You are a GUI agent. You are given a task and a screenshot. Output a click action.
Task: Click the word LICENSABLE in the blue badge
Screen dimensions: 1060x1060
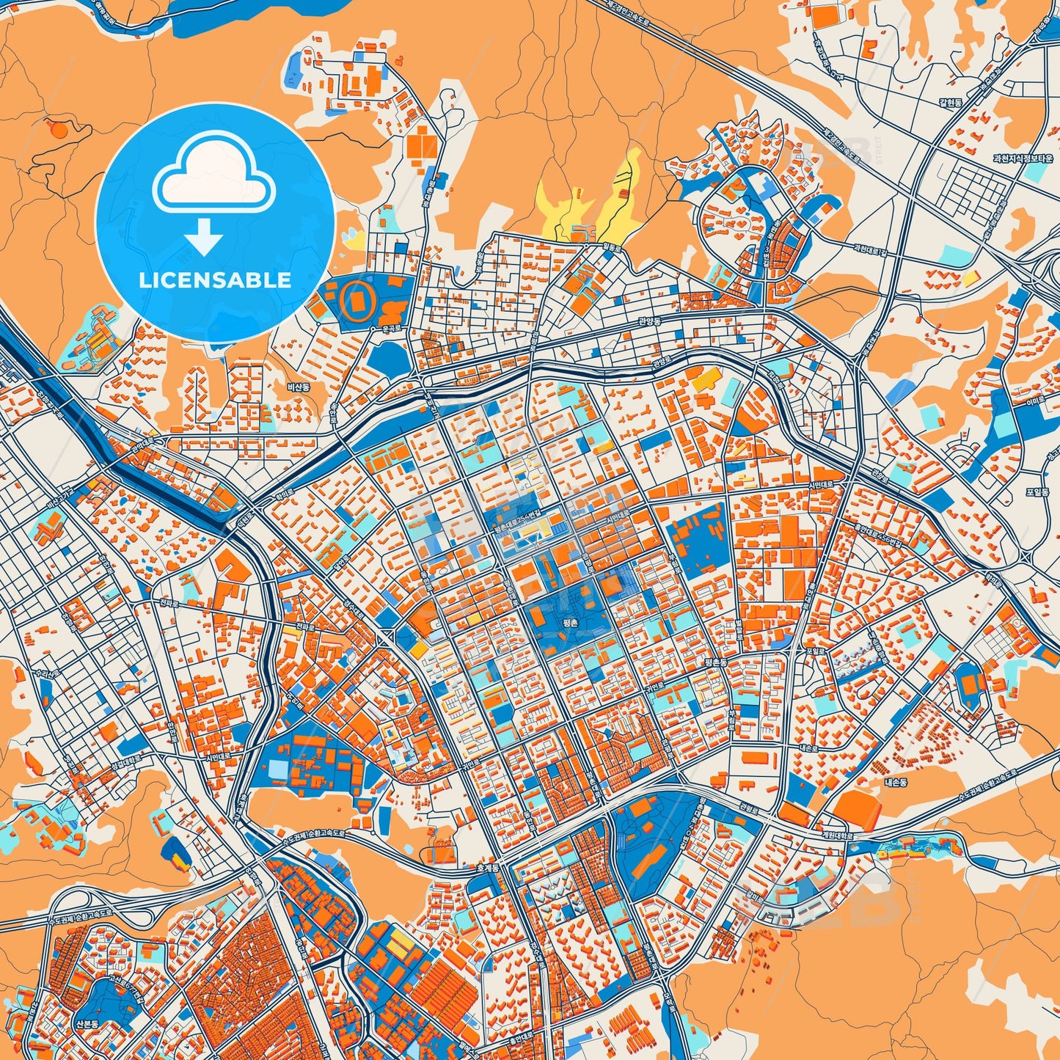215,279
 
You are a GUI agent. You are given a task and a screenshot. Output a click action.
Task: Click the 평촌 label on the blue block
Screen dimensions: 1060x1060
569,621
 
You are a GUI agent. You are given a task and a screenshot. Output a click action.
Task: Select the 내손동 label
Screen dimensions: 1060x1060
896,783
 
